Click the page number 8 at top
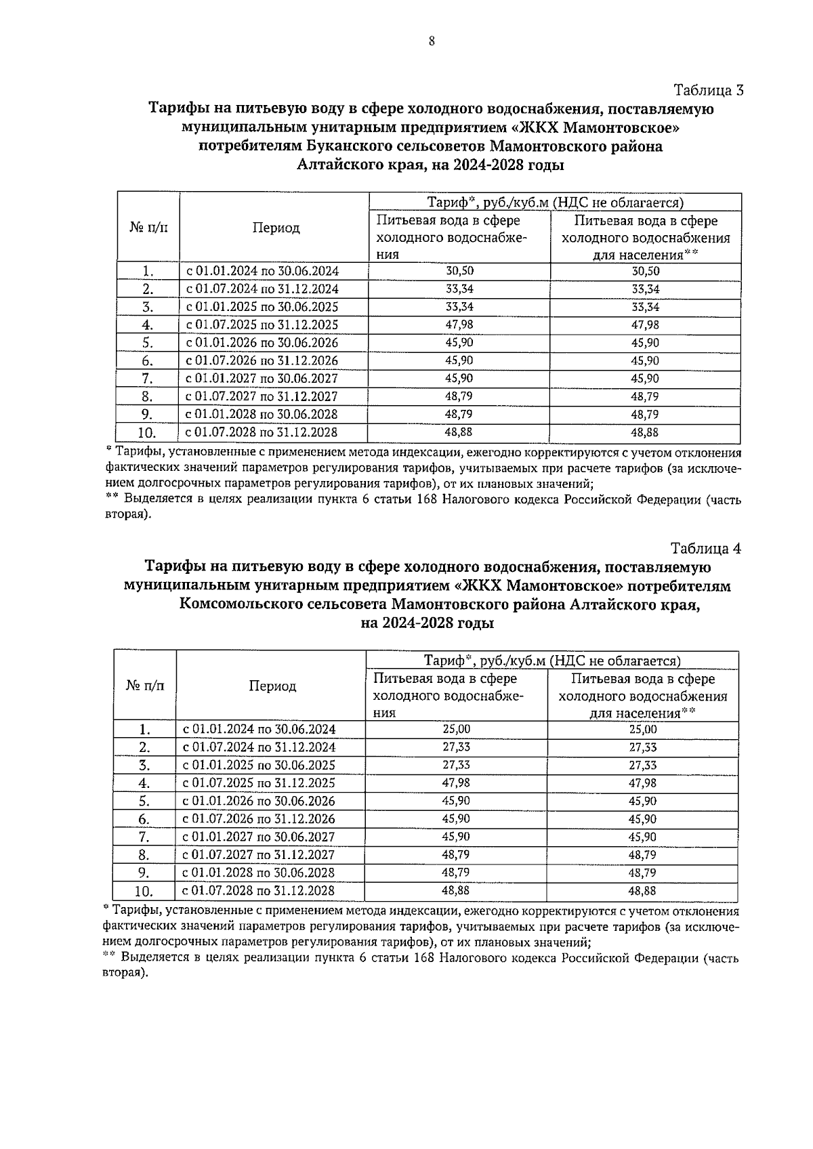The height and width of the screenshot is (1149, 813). [x=431, y=41]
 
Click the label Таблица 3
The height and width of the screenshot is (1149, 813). [x=709, y=90]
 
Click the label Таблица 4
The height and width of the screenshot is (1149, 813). [x=706, y=548]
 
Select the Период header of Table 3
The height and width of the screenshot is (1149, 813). [x=276, y=228]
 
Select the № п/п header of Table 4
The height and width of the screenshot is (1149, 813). [x=145, y=686]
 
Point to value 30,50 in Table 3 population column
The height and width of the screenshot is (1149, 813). [x=645, y=271]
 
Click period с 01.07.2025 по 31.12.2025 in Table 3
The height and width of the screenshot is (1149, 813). [x=262, y=325]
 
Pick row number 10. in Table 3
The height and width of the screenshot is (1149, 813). [x=148, y=433]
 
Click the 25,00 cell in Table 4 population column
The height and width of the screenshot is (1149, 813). [x=642, y=730]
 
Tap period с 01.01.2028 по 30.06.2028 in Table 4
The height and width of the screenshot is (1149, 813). [x=259, y=873]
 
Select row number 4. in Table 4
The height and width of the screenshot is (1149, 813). [x=144, y=784]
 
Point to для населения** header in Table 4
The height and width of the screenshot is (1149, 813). [x=642, y=713]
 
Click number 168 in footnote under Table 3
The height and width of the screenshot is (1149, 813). [x=425, y=500]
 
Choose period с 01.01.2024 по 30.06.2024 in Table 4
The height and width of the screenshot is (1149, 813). [x=259, y=730]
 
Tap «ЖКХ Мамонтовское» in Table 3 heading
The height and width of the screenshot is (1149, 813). [x=595, y=127]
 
